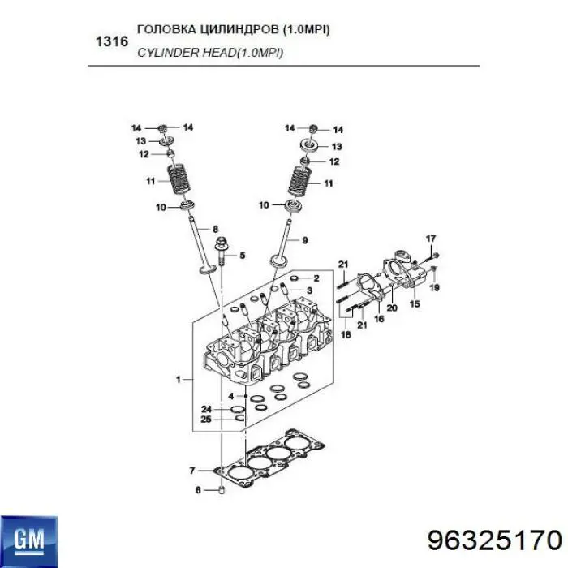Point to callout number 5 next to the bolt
[x=241, y=256]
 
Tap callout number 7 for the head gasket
[x=191, y=471]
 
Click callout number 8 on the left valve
[x=215, y=229]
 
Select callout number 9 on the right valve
[x=304, y=239]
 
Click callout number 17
[x=431, y=238]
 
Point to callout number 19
[x=434, y=287]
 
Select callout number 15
[x=414, y=304]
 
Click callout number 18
[x=346, y=334]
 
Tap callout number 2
[x=316, y=278]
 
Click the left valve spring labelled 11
[x=173, y=180]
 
